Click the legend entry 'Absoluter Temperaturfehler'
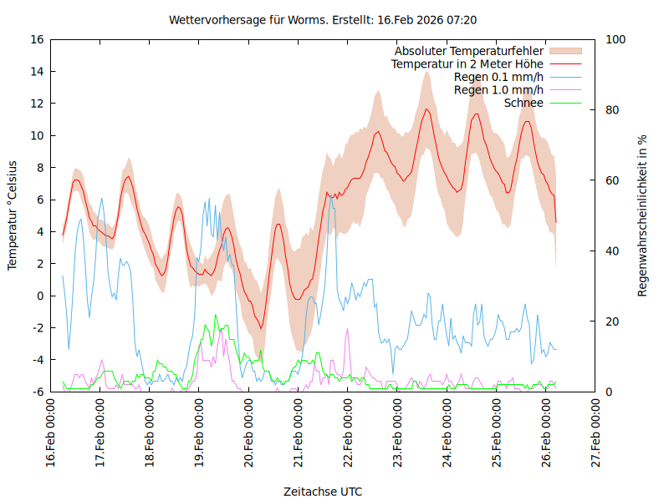tap(469, 52)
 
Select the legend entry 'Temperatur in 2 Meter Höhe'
tap(467, 64)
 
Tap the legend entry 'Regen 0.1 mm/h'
tap(498, 78)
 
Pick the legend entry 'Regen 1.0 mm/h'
tap(498, 90)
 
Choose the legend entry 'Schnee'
tap(524, 103)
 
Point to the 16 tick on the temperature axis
tap(36, 39)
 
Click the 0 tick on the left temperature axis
tap(39, 296)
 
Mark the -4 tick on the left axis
tap(37, 360)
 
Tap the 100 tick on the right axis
tap(615, 39)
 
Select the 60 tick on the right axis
tap(612, 180)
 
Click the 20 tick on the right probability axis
tap(612, 321)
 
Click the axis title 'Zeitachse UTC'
tap(323, 491)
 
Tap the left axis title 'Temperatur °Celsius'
tap(13, 215)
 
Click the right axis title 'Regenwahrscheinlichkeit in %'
tap(643, 215)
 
